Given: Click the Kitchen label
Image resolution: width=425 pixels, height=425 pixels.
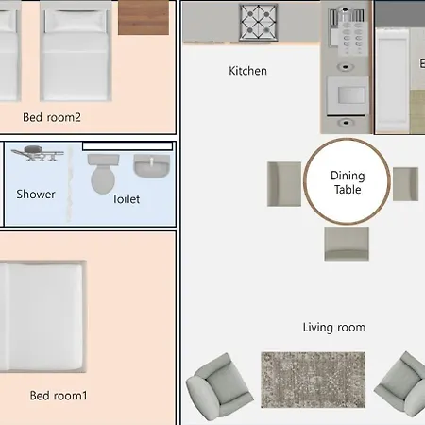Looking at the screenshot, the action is [x=247, y=71].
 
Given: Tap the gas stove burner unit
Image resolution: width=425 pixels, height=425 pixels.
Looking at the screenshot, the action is [x=258, y=23].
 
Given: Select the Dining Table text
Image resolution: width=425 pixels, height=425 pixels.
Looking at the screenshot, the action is [x=348, y=182].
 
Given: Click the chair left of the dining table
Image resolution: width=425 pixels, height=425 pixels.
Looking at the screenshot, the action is [x=284, y=184].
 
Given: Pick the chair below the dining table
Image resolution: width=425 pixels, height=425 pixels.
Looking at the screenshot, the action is [x=347, y=244].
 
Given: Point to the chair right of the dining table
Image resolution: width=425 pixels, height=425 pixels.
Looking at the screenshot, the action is [x=405, y=184].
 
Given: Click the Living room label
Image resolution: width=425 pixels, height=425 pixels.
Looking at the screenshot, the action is [x=334, y=328].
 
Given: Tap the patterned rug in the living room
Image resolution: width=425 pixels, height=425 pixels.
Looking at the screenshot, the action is [x=314, y=380].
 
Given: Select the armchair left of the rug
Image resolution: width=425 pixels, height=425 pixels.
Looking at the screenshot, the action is [x=219, y=387].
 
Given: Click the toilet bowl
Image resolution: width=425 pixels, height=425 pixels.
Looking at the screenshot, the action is [x=103, y=174].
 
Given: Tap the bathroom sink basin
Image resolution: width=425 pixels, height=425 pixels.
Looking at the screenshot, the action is [x=152, y=165].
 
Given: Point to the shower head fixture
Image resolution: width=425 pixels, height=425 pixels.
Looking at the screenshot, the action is [x=38, y=153].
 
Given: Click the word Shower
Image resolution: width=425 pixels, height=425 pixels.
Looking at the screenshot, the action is [x=36, y=195].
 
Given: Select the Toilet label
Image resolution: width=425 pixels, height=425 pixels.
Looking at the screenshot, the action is [x=126, y=199].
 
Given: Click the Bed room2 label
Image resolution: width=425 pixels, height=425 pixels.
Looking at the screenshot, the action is [x=52, y=117].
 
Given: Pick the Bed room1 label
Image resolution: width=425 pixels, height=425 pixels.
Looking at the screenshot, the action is [x=59, y=396].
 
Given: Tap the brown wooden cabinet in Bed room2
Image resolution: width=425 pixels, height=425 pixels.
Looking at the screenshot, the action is [x=144, y=17].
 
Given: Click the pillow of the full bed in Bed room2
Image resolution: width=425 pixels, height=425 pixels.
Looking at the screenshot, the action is [x=76, y=21].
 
